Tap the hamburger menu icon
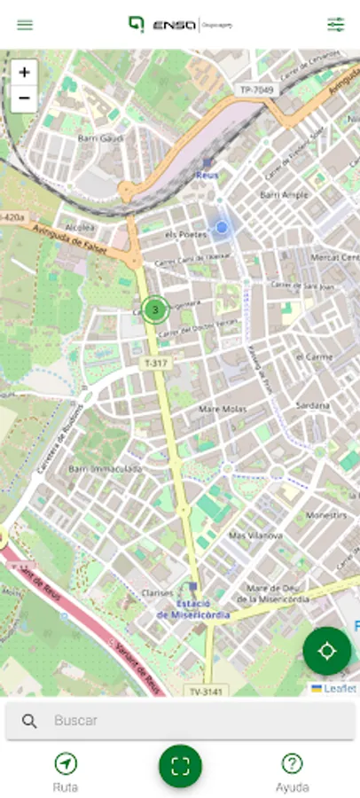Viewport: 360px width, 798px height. click(25, 25)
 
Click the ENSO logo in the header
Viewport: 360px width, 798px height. click(168, 25)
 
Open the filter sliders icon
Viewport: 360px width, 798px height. click(335, 25)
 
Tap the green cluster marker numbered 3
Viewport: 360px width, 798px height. click(156, 309)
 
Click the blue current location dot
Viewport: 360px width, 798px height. click(222, 228)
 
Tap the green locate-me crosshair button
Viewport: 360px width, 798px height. click(326, 652)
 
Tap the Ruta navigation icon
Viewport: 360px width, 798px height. click(66, 763)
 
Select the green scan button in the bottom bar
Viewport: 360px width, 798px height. click(180, 767)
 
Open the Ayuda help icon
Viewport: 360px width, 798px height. click(292, 763)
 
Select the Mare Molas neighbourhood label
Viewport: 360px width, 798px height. click(221, 409)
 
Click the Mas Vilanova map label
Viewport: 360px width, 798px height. click(255, 536)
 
